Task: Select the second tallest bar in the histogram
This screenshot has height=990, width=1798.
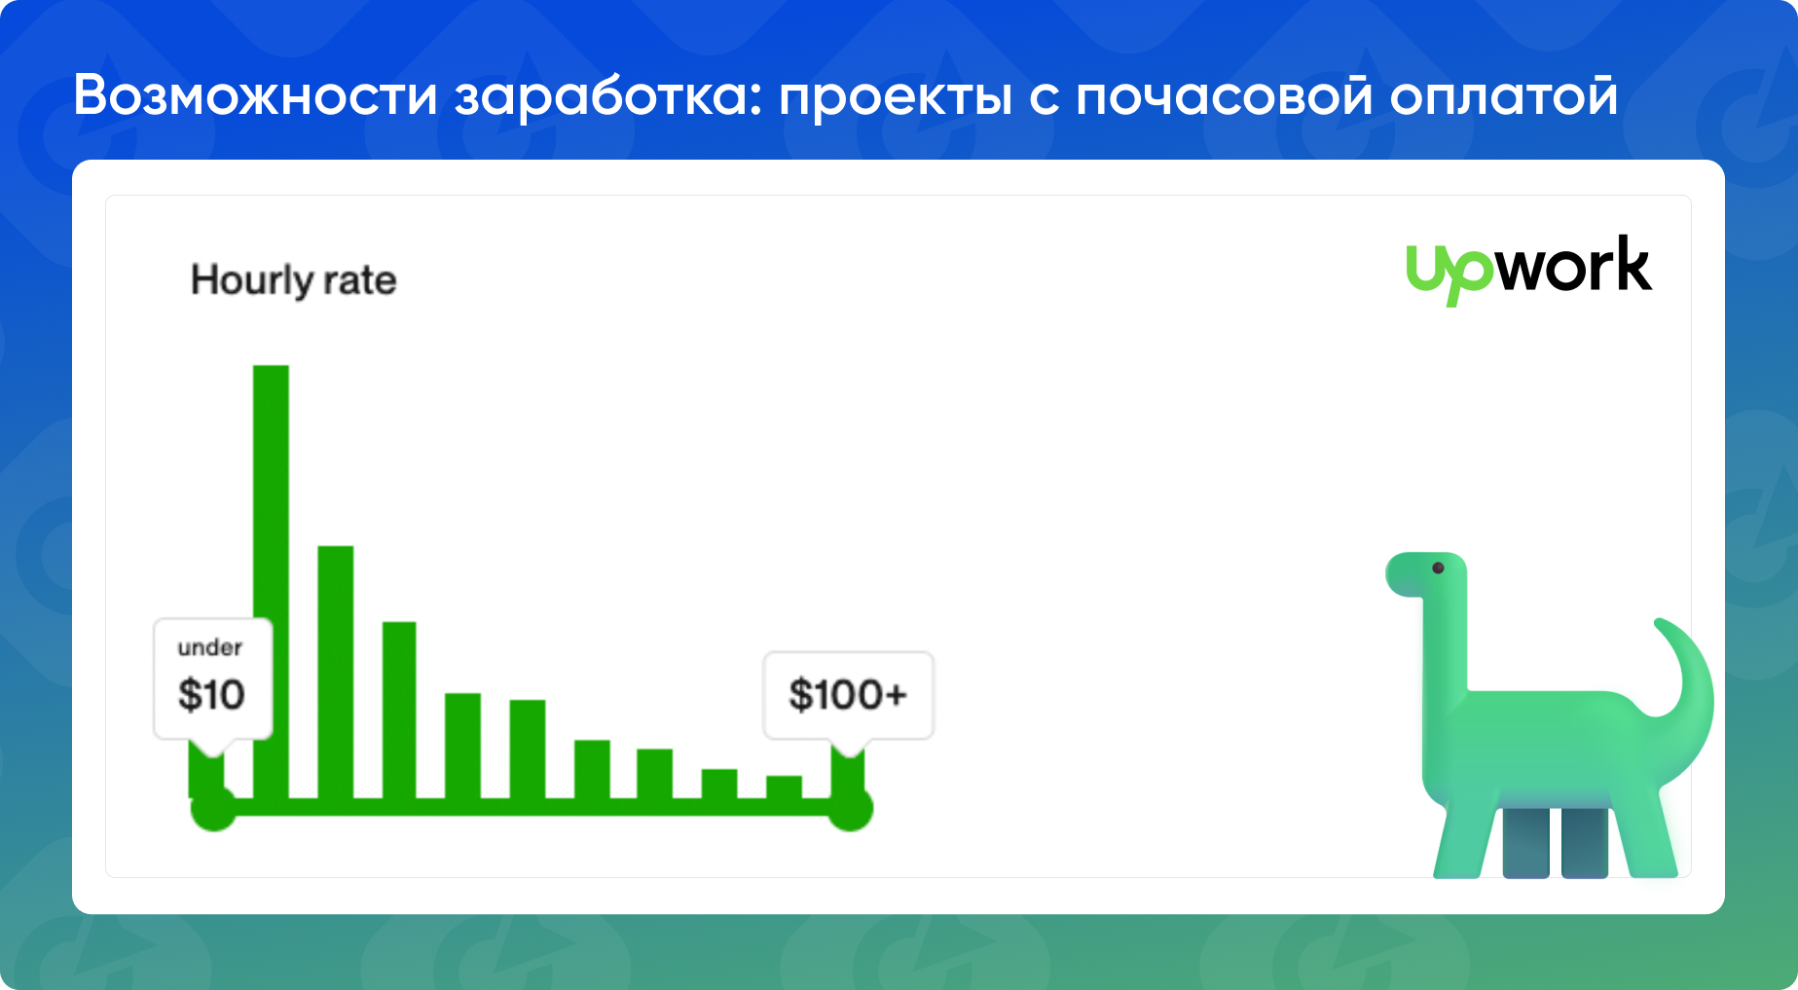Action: pos(335,672)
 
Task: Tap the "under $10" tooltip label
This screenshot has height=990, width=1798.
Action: pos(211,678)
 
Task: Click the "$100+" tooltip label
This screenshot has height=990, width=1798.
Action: pos(848,694)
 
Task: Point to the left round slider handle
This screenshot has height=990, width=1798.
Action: pos(213,808)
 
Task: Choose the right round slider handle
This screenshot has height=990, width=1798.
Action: pos(850,808)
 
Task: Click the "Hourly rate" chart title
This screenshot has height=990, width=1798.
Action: pos(293,280)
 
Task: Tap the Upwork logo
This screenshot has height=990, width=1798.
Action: pos(1528,269)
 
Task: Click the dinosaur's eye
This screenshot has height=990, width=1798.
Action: pos(1438,568)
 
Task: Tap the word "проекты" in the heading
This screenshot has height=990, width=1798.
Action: pos(896,96)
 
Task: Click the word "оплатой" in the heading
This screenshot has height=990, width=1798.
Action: pos(1503,96)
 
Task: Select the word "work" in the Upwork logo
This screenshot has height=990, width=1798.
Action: pos(1573,267)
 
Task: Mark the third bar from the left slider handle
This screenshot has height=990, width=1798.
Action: pos(335,672)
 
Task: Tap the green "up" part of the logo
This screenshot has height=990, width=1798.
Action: pos(1449,275)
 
